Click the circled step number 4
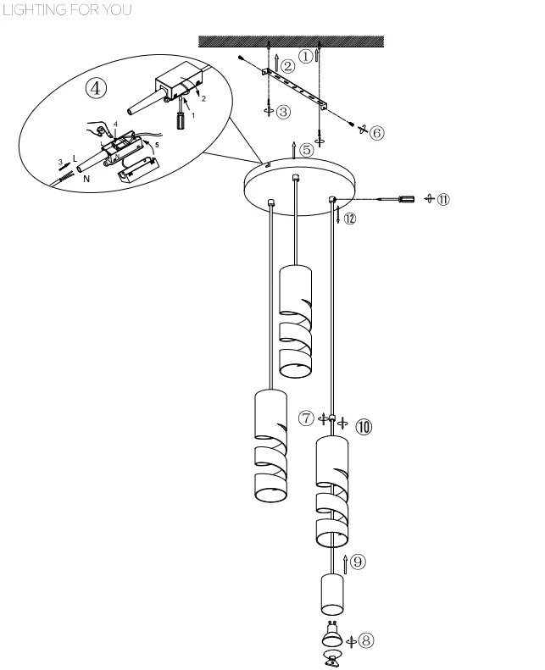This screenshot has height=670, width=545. point(96,88)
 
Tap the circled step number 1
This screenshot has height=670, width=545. point(305,56)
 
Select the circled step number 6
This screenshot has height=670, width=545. point(376,133)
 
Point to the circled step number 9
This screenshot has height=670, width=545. point(358,561)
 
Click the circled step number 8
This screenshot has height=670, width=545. point(366,640)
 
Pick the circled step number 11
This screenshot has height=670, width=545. point(443,199)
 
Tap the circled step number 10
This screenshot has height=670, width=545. point(364,426)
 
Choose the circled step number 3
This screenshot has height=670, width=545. point(283,112)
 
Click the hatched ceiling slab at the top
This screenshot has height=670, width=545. point(291,42)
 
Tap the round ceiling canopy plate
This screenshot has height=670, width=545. point(300,186)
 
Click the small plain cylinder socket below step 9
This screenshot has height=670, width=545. point(332,595)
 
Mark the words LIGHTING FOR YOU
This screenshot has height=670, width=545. point(67,10)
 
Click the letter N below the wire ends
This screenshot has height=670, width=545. point(86,179)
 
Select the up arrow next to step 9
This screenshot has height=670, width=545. point(345,564)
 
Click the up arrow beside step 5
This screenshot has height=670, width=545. point(293,150)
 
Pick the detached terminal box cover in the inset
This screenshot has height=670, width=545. point(138,170)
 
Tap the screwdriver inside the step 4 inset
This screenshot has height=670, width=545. point(181,114)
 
